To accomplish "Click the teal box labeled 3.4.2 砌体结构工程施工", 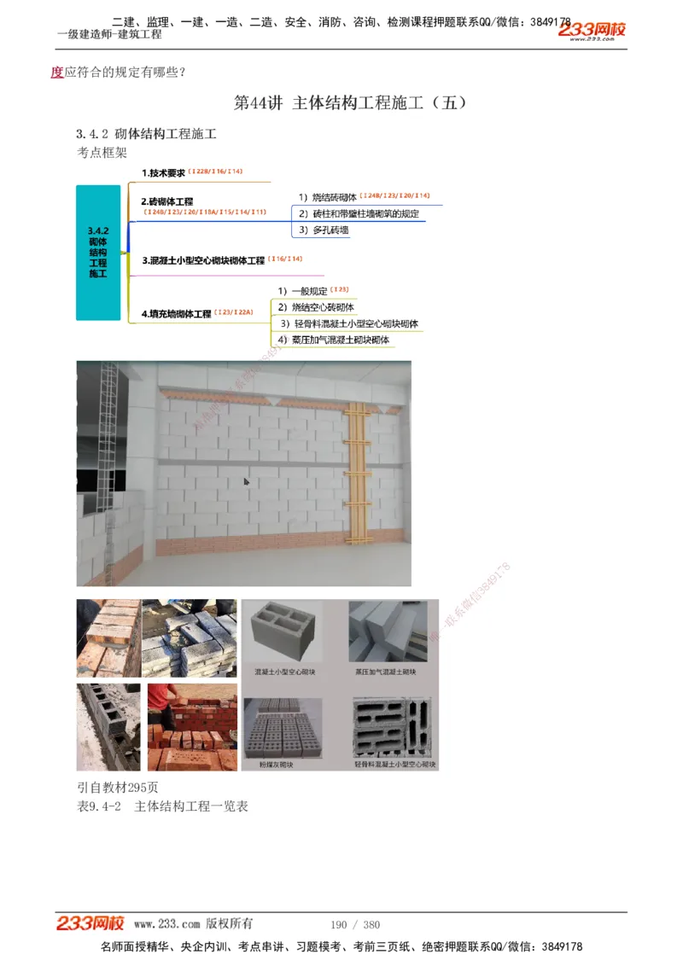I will tap(98, 253).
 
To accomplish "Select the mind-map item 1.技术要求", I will tap(163, 172).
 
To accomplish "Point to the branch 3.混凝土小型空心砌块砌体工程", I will tap(203, 260).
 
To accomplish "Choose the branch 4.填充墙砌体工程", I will tap(176, 314).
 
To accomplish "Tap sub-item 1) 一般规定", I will tap(302, 291).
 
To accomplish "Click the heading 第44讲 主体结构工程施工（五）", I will tap(349, 103).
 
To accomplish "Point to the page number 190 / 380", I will tap(354, 925).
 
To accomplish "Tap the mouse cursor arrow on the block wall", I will tap(246, 482).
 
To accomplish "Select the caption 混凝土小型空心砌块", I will tap(284, 672).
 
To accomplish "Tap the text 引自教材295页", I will tap(118, 788).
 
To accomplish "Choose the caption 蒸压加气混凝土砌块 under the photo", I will tap(386, 672).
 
